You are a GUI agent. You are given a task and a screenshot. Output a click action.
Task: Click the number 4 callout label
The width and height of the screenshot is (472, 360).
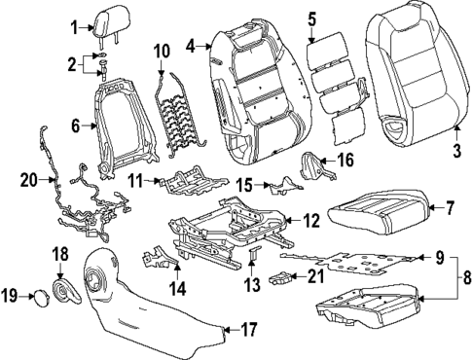191,44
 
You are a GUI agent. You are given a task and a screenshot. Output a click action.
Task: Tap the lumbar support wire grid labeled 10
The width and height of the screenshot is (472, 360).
175,107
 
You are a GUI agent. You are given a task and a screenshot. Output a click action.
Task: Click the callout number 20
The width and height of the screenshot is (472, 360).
28,178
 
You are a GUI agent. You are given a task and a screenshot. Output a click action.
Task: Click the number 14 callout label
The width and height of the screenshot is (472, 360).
176,288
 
